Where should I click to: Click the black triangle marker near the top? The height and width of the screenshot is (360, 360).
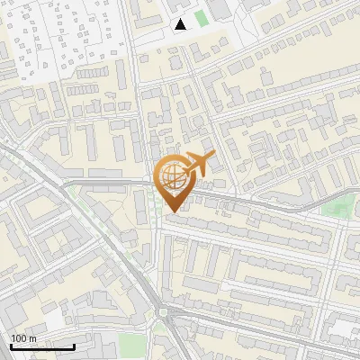[x=181, y=23]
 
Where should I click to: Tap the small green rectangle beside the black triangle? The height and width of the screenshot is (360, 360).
[x=200, y=17]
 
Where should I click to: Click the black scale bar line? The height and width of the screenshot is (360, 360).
[x=42, y=346]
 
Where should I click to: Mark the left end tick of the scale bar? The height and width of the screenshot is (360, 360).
[x=10, y=345]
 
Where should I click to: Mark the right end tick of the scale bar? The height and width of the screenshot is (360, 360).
[x=75, y=345]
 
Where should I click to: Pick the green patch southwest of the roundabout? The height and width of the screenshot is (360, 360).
[x=132, y=344]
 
